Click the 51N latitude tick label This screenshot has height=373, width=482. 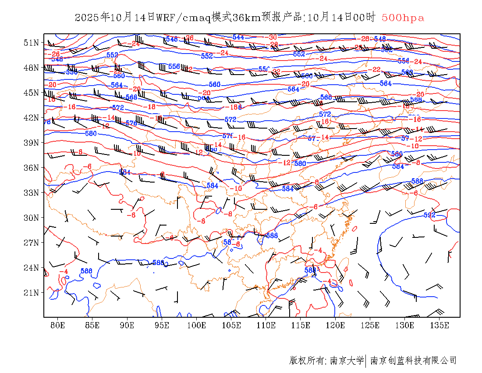pos(31,43)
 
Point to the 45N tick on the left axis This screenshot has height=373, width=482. pos(31,93)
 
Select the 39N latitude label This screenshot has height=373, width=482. pos(31,143)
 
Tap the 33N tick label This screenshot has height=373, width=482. pos(31,193)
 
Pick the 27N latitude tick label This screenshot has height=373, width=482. pos(31,243)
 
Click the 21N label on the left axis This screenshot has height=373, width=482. pos(31,293)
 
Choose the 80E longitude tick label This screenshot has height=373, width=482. pos(58,325)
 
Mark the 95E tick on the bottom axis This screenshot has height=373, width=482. pos(162,325)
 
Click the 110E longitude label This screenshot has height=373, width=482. pos(266,325)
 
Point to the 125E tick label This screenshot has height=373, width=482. pos(370,325)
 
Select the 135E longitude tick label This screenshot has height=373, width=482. pos(439,325)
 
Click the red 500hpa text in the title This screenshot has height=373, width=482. pos(403,18)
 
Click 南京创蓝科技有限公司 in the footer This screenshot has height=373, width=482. pos(414,361)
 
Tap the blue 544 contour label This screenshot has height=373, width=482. pos(238,37)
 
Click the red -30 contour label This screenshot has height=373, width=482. pos(273,37)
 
